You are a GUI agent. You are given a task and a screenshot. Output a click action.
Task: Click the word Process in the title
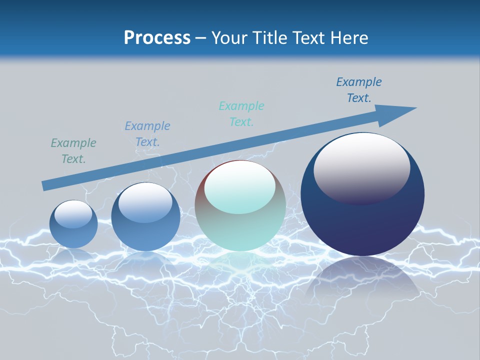click(157, 38)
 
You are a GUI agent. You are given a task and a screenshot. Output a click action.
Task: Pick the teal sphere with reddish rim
click(240, 230)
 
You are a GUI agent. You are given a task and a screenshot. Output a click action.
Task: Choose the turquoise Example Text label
click(241, 114)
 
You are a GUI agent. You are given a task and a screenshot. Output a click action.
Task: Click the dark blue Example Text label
click(359, 90)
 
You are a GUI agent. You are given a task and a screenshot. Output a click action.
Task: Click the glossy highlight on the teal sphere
click(239, 187)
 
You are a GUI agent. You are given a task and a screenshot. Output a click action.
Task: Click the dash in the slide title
click(201, 38)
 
